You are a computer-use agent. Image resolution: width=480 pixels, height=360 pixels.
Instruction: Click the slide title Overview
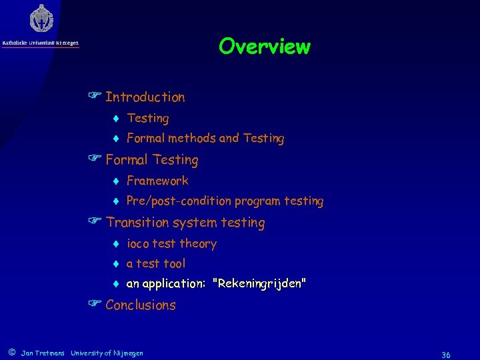pyautogui.click(x=264, y=47)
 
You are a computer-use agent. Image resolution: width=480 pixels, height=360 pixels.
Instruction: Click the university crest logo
pyautogui.click(x=41, y=19)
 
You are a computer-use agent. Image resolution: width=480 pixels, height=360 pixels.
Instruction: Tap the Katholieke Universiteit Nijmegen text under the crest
pyautogui.click(x=40, y=43)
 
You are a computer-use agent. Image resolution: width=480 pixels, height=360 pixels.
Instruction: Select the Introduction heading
pyautogui.click(x=145, y=97)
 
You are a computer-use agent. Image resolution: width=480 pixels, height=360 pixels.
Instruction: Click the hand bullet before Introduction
pyautogui.click(x=95, y=97)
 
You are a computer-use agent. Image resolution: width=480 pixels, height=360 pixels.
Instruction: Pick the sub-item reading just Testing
pyautogui.click(x=147, y=119)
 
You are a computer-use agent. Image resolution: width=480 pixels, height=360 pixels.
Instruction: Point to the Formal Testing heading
pyautogui.click(x=151, y=160)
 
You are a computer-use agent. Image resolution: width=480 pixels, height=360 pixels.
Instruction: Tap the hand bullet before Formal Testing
pyautogui.click(x=95, y=160)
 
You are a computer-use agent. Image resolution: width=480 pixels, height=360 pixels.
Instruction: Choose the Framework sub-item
pyautogui.click(x=157, y=181)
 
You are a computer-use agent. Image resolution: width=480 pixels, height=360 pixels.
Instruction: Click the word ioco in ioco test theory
pyautogui.click(x=138, y=244)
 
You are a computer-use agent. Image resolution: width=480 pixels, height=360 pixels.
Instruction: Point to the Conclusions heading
pyautogui.click(x=141, y=305)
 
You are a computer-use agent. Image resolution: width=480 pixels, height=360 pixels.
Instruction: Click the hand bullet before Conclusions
pyautogui.click(x=95, y=305)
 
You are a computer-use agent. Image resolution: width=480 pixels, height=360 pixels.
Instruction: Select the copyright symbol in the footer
pyautogui.click(x=11, y=353)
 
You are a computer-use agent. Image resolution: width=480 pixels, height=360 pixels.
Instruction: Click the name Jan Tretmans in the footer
pyautogui.click(x=43, y=353)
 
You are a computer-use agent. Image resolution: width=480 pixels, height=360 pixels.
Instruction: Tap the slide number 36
pyautogui.click(x=445, y=355)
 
